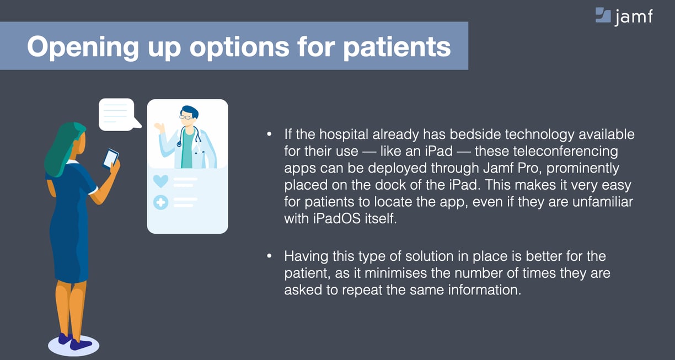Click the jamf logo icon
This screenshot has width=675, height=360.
click(x=603, y=15)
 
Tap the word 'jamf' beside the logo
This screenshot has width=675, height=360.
click(x=634, y=17)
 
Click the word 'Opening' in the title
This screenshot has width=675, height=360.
click(x=83, y=47)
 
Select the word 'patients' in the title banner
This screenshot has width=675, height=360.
click(x=397, y=47)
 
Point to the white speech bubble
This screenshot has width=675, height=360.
click(x=118, y=115)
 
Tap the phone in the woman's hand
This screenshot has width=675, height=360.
click(x=111, y=159)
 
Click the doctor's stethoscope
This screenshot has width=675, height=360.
click(x=189, y=137)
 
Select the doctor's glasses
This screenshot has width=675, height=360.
click(x=187, y=117)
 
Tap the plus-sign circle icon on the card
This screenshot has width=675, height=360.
click(x=160, y=202)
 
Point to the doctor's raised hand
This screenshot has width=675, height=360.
click(x=160, y=127)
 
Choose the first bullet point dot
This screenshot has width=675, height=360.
click(x=270, y=135)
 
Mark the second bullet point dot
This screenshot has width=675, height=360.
click(x=270, y=256)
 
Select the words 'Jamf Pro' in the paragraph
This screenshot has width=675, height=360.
click(x=511, y=168)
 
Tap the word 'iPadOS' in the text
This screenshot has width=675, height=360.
click(x=336, y=218)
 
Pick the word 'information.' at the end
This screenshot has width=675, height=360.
click(x=485, y=290)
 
